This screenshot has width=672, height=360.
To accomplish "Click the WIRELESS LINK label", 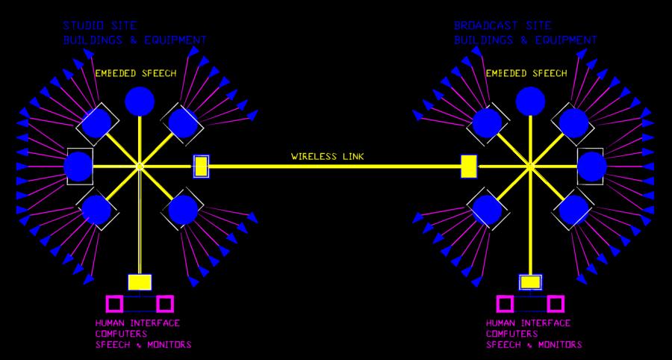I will pos(328,157).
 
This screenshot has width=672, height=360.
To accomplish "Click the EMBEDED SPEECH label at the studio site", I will pos(136,73).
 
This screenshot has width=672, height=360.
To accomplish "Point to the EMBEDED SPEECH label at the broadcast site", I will pos(526,73).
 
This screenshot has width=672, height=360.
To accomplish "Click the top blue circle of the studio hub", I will pos(140,101).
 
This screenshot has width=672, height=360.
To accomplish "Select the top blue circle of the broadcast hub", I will pos(531,101).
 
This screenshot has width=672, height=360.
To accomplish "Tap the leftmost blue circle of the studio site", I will pos(78,166).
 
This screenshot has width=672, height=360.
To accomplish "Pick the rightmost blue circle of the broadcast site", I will pos(591,166).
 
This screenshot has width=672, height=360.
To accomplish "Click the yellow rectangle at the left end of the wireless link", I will pos(201,166).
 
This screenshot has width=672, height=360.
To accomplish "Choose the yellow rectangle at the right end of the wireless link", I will pos(469,166).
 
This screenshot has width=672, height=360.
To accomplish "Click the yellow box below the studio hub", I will pos(140,282).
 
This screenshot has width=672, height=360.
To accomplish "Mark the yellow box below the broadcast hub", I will pos(531,282).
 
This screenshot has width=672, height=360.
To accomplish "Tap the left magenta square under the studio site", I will pos(114,303).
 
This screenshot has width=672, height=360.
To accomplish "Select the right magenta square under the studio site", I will pos(165,303).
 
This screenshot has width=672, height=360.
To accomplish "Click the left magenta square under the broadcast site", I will pos(505,303).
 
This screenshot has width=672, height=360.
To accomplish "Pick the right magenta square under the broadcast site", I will pos(556,303).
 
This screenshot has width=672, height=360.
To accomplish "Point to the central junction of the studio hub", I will pos(140,166).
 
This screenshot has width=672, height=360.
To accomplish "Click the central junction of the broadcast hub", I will pos(531,166).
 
